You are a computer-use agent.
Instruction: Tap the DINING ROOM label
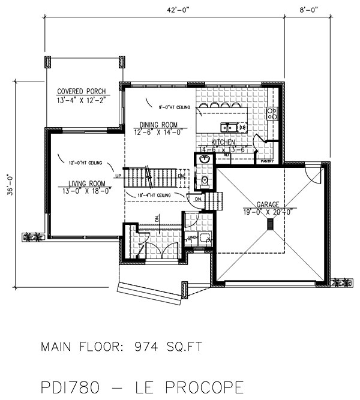pos(155,125)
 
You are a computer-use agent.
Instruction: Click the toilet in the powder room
pos(205,179)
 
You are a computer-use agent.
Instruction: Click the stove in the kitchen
pos(272,113)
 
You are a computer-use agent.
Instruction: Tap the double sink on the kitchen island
pos(230,127)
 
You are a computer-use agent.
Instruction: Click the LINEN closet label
pos(193,238)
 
